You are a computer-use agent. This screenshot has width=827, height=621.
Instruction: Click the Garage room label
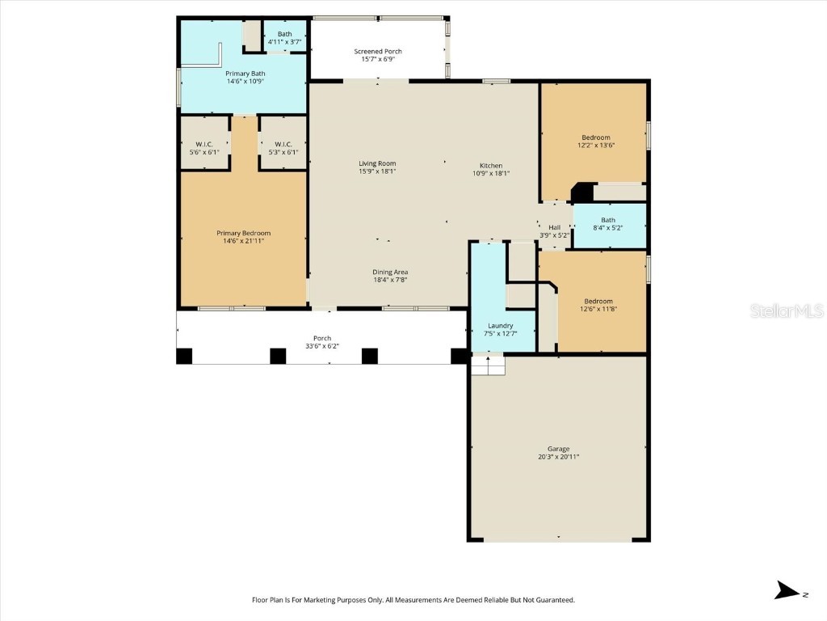[558, 449]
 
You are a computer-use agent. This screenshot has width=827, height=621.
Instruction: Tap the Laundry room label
[500, 326]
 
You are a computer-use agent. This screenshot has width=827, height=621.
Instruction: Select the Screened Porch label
[378, 52]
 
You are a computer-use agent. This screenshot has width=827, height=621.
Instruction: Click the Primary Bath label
[245, 74]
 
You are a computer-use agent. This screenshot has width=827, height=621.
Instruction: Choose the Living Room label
[377, 163]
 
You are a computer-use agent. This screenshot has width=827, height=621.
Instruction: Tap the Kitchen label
[491, 166]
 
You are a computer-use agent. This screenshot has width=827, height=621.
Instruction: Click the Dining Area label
[390, 272]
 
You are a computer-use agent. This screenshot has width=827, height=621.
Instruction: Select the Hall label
[555, 227]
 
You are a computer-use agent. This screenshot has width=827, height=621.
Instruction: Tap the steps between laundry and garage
[488, 365]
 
